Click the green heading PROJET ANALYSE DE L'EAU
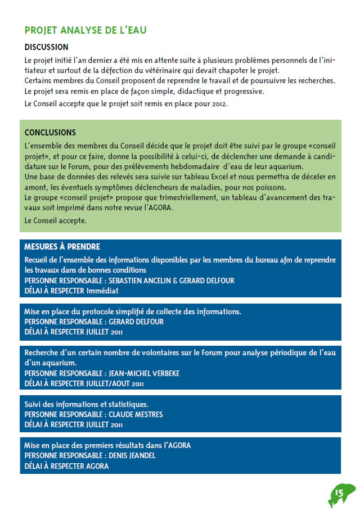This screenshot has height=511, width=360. click(85, 30)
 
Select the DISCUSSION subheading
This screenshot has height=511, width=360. click(47, 47)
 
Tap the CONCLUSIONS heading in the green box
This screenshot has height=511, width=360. click(50, 133)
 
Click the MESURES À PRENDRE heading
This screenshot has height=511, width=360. click(62, 247)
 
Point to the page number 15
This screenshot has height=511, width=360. click(339, 493)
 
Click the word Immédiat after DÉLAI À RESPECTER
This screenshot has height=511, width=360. click(102, 291)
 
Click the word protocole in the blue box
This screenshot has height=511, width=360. click(91, 311)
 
